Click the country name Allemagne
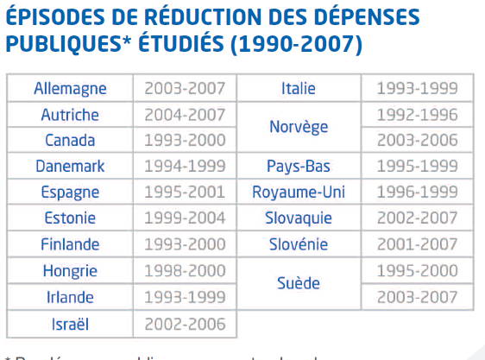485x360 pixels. pos(70,88)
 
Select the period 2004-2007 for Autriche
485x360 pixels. pos(184,115)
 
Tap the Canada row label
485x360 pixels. pos(70,141)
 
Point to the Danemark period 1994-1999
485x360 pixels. pos(184,167)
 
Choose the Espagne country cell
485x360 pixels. pos(70,193)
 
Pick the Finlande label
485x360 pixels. pos(70,245)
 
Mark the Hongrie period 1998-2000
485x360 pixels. pos(184,271)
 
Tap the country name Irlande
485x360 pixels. pos(70,297)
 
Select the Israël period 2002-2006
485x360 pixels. pos(184,324)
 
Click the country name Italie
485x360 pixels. pos(299,88)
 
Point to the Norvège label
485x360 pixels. pos(299,127)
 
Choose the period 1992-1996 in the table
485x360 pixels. pos(418,115)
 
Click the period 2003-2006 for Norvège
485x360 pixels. pos(418,141)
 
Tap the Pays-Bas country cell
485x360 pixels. pos(299,167)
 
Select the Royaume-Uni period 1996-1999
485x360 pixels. pos(418,193)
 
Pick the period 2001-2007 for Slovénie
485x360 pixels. pos(418,245)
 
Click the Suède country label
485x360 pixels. pos(299,284)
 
